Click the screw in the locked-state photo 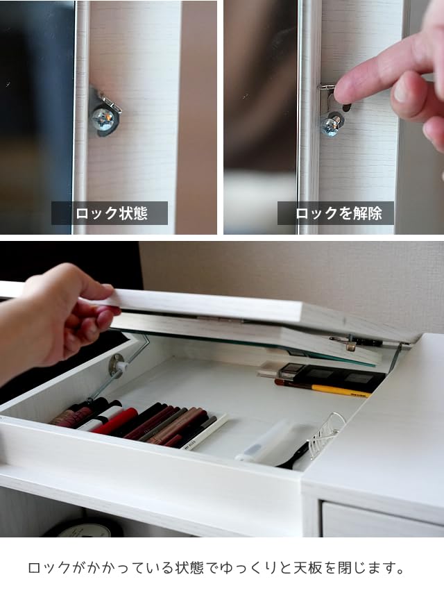pos(103,119)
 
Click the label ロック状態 pos(110,213)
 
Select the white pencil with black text pos(205,432)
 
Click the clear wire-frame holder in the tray pos(326,434)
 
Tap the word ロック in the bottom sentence pos(48,568)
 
